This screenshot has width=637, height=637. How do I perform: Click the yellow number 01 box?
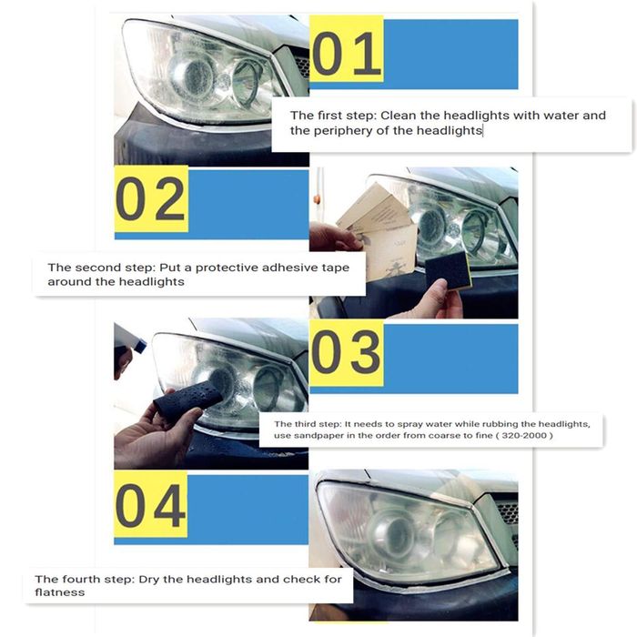click(x=347, y=49)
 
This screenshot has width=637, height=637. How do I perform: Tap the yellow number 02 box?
click(x=152, y=198)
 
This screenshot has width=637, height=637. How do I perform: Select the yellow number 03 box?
click(x=347, y=353)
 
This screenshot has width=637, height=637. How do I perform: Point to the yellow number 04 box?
click(x=151, y=504)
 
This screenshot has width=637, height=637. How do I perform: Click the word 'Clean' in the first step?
click(x=399, y=116)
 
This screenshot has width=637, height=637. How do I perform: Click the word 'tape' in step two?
click(x=336, y=268)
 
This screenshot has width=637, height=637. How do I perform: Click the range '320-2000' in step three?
click(x=523, y=436)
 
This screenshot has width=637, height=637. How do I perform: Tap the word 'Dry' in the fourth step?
click(x=149, y=580)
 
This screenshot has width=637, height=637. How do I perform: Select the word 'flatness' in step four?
click(x=60, y=592)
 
